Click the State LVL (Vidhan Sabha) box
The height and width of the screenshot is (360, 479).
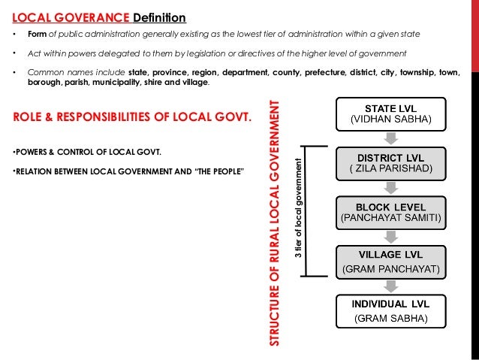pos(387,113)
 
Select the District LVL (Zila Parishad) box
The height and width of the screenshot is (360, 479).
pos(387,162)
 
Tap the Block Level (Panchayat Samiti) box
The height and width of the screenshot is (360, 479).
pos(387,212)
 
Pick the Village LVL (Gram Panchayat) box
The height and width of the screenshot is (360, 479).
pos(387,261)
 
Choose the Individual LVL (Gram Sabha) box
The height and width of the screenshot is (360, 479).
pos(387,311)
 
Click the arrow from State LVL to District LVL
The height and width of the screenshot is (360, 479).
pos(387,138)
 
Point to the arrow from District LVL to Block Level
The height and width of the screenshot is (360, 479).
pos(387,187)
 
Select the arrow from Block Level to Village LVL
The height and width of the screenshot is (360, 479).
pos(387,237)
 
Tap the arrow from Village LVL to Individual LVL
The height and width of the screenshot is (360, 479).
pos(387,286)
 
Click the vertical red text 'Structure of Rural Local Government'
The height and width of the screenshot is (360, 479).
pos(276,222)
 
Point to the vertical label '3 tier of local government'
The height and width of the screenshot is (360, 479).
pos(298,207)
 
